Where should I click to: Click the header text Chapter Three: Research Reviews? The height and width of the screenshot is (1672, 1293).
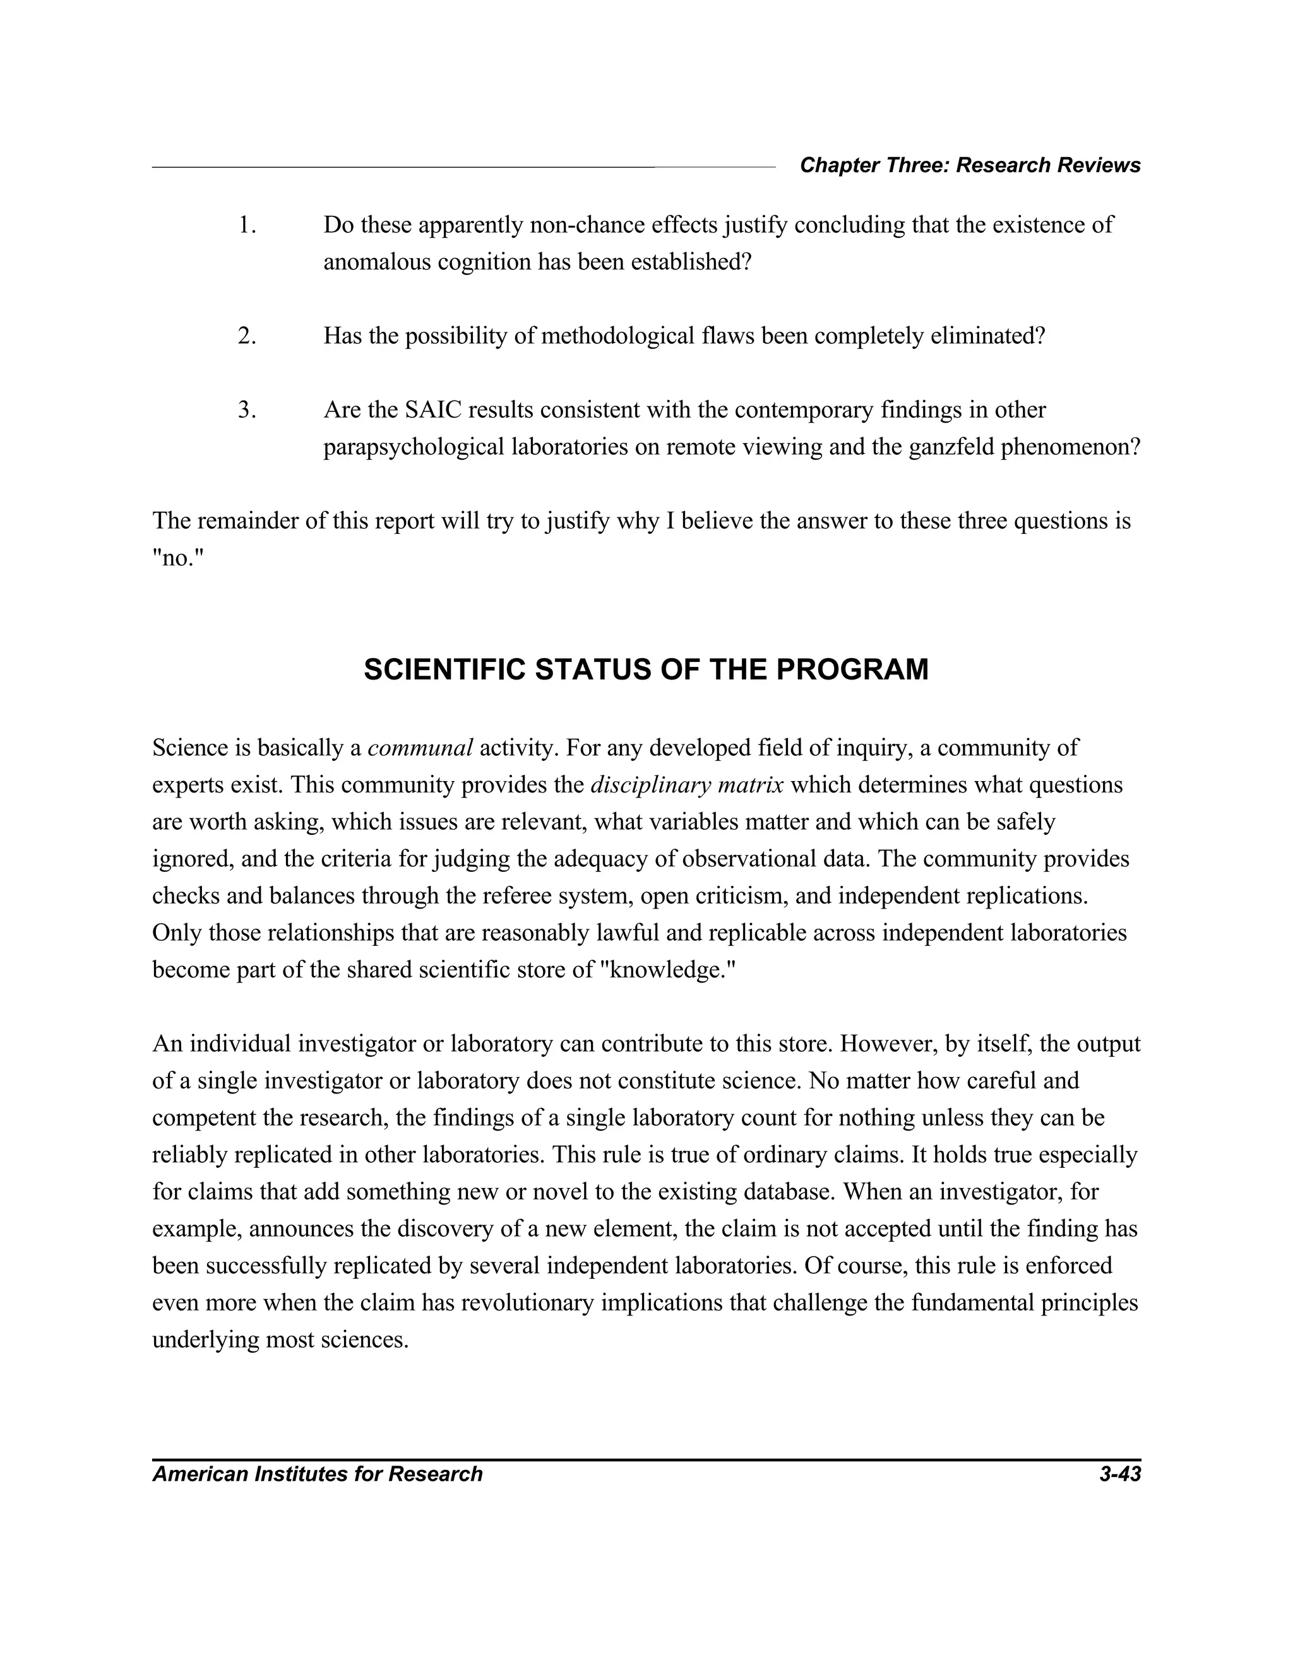click(x=970, y=165)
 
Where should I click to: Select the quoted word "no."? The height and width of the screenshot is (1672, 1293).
click(x=179, y=558)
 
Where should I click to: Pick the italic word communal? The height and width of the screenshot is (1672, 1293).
click(x=420, y=748)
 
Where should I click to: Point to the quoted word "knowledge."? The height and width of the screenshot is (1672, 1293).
click(x=669, y=970)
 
